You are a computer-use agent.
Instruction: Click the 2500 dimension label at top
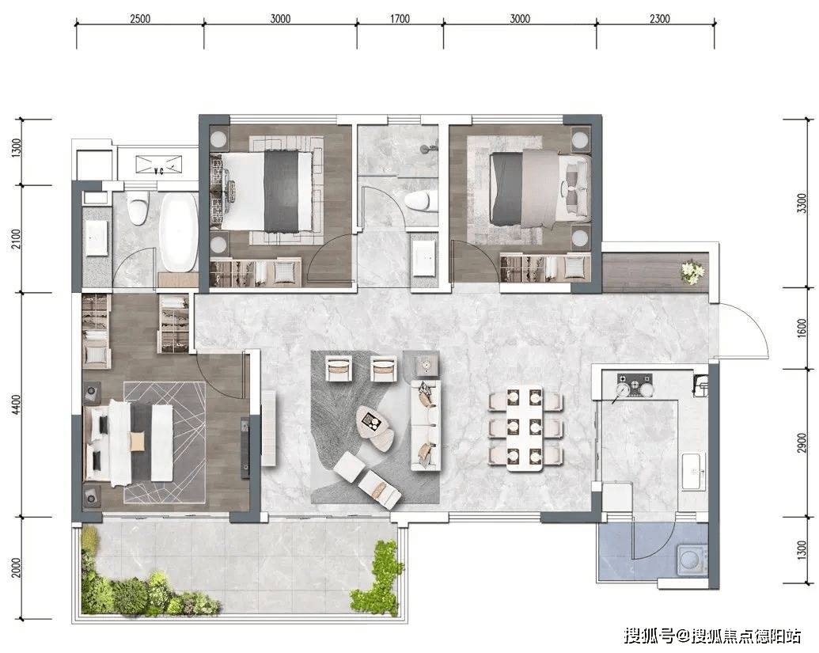tap(140, 19)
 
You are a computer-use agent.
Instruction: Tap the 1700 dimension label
tap(400, 19)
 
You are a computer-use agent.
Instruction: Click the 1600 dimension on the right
tap(802, 328)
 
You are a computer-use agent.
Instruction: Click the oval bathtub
tap(179, 232)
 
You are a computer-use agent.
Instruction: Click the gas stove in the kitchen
tap(635, 385)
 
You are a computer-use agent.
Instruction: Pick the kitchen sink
tap(694, 471)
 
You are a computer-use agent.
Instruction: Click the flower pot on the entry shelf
tap(693, 272)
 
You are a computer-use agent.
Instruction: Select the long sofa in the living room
tap(426, 425)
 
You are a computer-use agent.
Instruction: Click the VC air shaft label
tap(159, 170)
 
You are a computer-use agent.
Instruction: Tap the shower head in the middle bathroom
tap(428, 149)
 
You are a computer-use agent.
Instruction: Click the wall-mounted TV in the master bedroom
tap(245, 448)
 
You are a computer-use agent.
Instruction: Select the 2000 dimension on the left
tap(17, 568)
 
